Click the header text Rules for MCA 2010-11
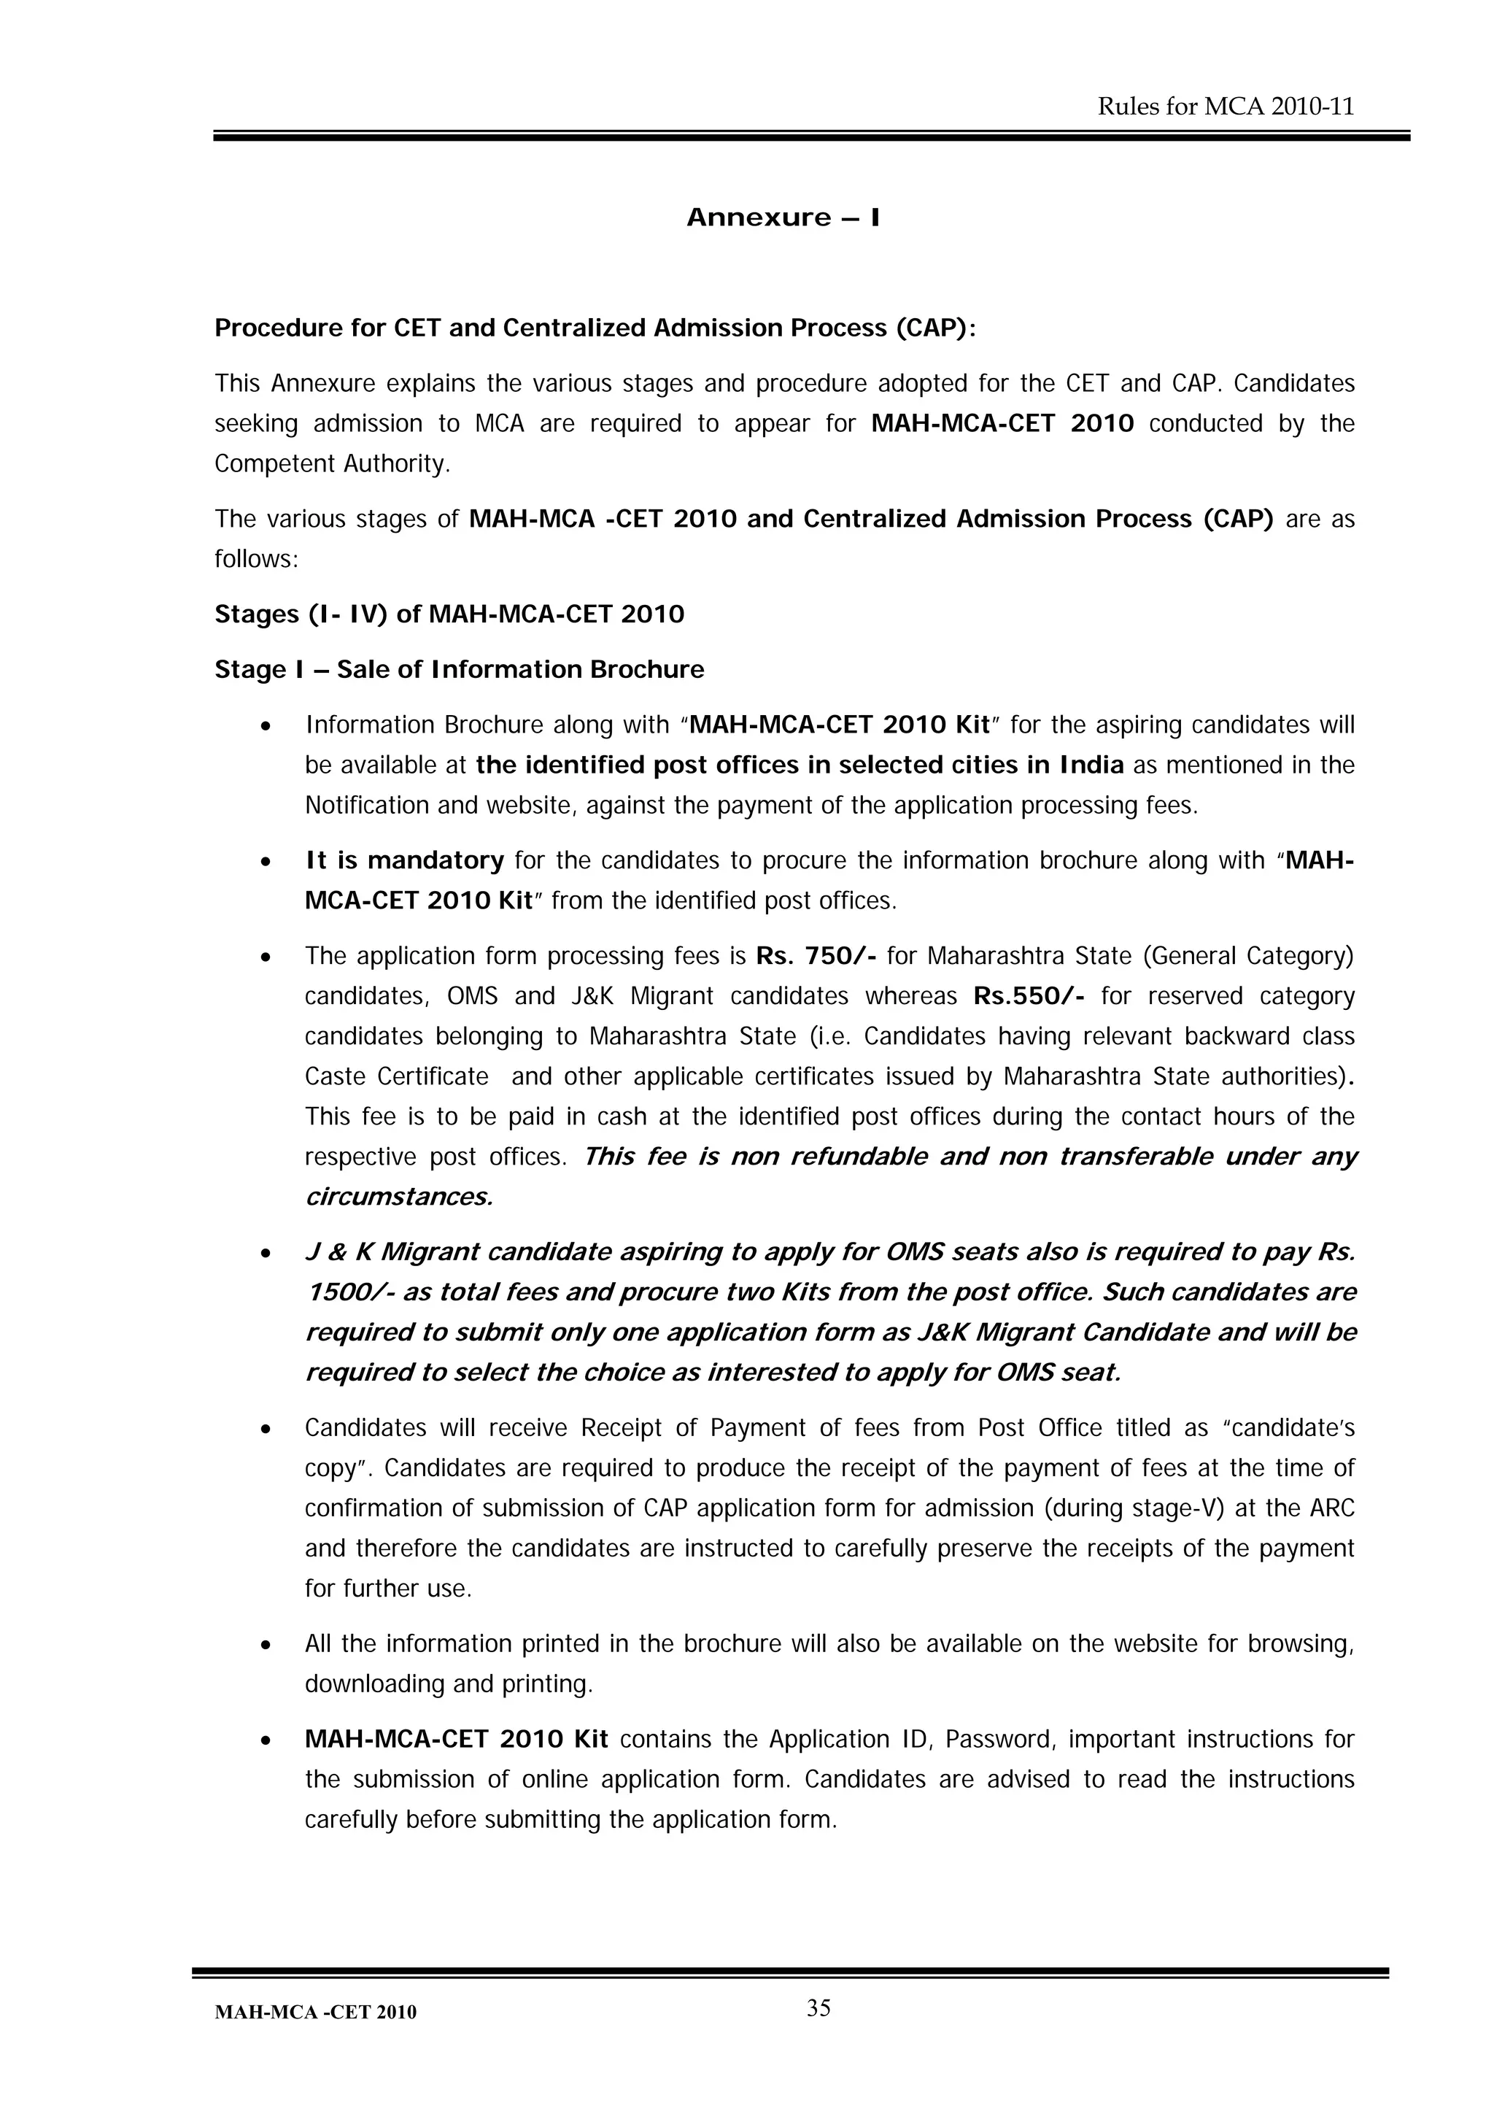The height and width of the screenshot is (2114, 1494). (1226, 107)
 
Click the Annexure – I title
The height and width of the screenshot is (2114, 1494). (783, 218)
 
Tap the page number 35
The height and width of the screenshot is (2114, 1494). (818, 2008)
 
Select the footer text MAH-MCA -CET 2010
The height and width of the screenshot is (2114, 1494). (315, 2013)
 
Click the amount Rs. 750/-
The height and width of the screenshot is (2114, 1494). (815, 956)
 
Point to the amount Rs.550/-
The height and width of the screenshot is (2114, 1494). (1028, 996)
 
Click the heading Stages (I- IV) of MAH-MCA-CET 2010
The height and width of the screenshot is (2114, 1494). (449, 614)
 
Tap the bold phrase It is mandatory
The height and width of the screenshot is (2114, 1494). (404, 861)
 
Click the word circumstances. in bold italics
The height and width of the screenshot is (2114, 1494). (398, 1197)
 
